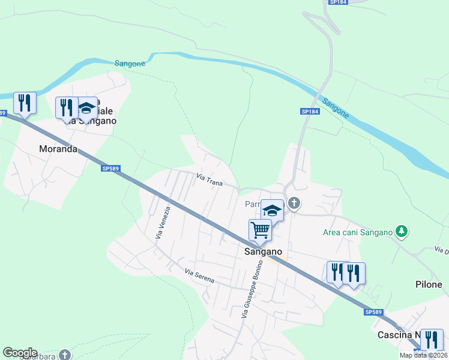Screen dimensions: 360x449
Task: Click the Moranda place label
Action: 58,149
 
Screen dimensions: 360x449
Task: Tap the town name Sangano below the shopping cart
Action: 263,252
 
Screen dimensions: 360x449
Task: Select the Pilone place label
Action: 429,284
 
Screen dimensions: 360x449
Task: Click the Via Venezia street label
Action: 159,223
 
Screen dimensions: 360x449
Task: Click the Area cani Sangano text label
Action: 357,232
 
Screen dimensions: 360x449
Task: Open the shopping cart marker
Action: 260,229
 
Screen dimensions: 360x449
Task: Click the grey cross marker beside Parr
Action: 294,203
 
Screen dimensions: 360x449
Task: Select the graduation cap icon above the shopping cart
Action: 272,209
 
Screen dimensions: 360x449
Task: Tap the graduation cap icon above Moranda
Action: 86,107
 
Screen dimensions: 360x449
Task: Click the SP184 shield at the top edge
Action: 339,2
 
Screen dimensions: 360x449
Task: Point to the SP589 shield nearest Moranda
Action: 110,169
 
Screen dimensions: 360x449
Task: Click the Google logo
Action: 20,353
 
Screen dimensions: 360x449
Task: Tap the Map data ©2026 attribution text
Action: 423,355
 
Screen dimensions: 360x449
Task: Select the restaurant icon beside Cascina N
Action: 432,340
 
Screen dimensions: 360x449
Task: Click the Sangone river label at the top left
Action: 130,63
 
